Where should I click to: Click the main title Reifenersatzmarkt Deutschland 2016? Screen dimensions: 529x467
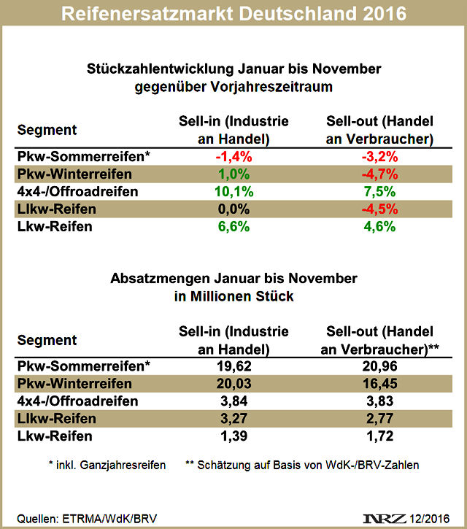click(233, 14)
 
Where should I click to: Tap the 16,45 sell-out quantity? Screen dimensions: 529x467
click(377, 384)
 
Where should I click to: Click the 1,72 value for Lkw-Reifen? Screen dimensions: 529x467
click(377, 436)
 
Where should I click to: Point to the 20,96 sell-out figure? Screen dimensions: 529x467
click(377, 366)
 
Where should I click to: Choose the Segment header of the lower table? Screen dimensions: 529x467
click(47, 340)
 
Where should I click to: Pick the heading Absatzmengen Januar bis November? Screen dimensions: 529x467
click(233, 279)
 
